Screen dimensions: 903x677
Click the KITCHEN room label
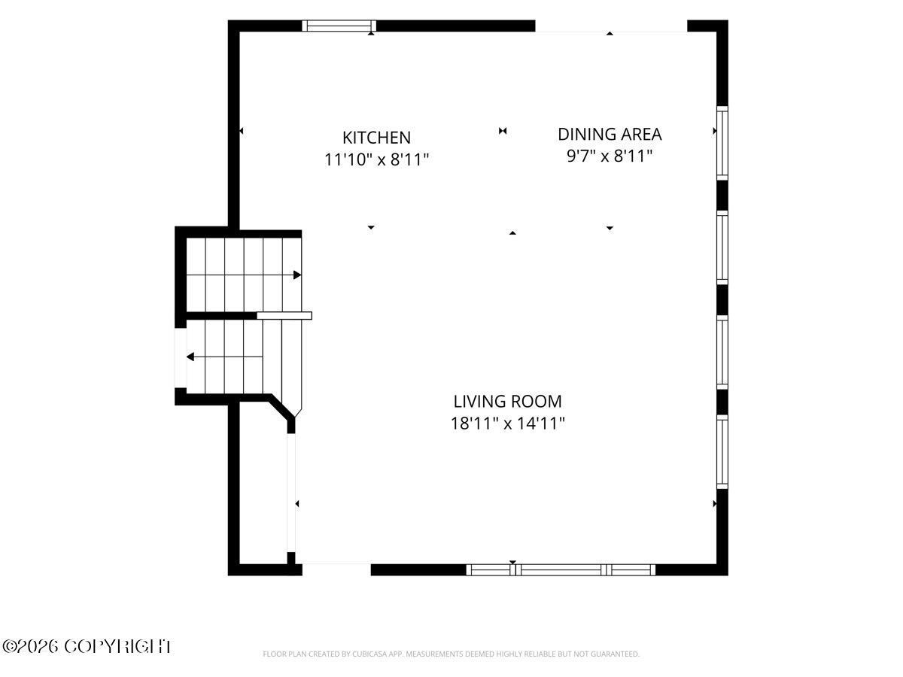(376, 138)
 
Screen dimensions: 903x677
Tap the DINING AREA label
(610, 135)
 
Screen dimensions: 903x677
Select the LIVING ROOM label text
(507, 402)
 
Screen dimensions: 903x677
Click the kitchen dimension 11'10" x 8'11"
(376, 159)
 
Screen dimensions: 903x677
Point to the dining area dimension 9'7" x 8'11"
(610, 156)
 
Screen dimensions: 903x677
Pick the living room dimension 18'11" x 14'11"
(507, 424)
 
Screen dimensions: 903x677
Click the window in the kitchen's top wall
(339, 26)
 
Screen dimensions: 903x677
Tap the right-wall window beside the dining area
(722, 143)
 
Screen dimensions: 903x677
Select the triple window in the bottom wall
(561, 569)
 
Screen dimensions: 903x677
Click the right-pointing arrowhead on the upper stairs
(297, 275)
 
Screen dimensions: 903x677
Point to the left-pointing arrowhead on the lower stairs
(190, 357)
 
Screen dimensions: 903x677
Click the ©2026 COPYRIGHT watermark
(87, 647)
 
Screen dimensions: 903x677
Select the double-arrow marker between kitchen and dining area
(503, 131)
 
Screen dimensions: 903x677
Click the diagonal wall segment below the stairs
(282, 407)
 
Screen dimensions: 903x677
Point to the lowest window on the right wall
(722, 452)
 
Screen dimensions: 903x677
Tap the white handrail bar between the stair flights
(284, 316)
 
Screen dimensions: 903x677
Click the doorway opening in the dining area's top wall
(611, 26)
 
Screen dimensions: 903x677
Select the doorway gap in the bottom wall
(336, 569)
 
